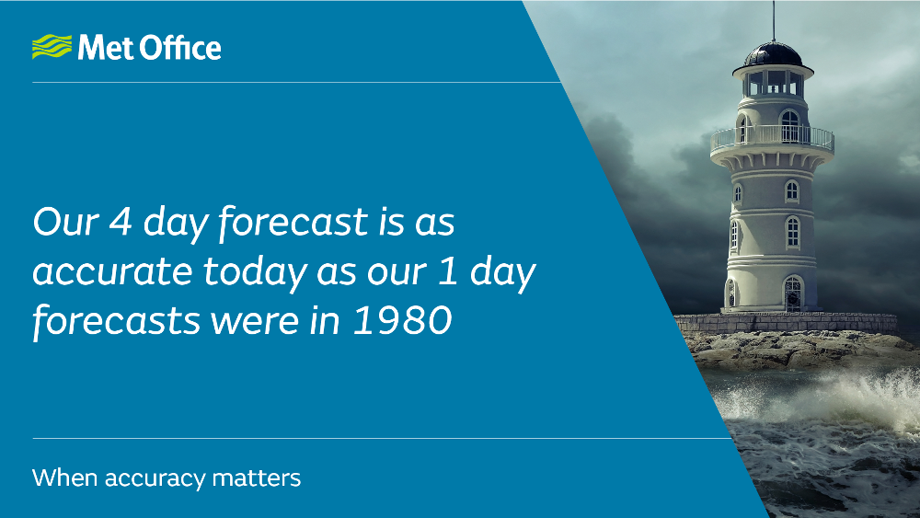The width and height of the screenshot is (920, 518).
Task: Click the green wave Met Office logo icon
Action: [x=52, y=47]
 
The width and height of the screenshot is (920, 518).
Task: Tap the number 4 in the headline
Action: [x=121, y=222]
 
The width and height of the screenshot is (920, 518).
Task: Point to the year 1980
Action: [x=403, y=319]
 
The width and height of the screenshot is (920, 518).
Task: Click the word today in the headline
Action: [x=255, y=272]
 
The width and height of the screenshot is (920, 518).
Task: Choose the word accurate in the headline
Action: [x=112, y=272]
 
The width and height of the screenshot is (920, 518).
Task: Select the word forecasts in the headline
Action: [x=116, y=321]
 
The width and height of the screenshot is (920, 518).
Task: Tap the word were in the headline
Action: [x=255, y=323]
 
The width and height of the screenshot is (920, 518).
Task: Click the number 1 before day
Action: [x=448, y=271]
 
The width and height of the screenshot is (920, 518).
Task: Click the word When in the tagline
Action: [x=64, y=478]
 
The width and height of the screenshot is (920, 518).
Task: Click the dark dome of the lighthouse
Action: [x=773, y=54]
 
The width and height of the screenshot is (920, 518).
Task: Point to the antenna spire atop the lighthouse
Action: [x=773, y=21]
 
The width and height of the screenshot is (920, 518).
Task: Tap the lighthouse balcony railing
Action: [x=772, y=138]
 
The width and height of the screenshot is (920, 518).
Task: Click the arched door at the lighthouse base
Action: [x=793, y=294]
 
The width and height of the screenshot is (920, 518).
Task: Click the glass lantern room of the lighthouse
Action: [x=773, y=83]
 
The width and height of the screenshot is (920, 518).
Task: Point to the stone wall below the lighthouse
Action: [x=787, y=323]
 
